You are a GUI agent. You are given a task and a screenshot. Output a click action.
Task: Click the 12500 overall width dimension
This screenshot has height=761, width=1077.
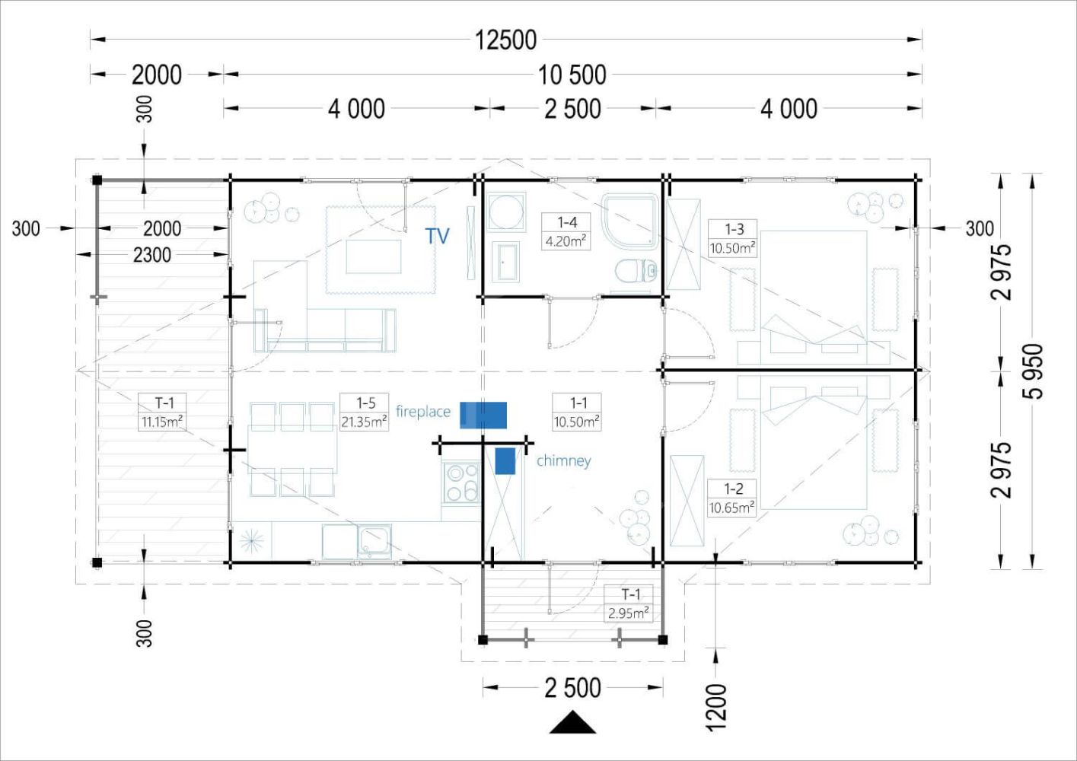505,40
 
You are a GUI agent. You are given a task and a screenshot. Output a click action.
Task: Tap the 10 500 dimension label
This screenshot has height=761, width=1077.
572,75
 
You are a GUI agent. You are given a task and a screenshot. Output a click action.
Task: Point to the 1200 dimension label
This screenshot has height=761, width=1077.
716,708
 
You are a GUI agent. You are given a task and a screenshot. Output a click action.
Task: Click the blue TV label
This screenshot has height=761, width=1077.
437,236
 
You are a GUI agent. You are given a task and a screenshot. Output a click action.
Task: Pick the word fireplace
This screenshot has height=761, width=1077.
423,412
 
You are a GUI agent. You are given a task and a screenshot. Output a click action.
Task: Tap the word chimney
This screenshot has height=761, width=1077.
563,460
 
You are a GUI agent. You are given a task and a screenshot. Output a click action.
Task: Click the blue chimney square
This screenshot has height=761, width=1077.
505,461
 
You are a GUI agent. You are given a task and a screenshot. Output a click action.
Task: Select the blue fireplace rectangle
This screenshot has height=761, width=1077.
483,415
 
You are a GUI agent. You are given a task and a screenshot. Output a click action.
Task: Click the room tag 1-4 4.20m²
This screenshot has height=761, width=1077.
566,231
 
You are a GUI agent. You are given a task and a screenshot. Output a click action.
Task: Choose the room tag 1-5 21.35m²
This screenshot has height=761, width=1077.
364,412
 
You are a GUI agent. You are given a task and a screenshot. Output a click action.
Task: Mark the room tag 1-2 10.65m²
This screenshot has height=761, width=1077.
731,498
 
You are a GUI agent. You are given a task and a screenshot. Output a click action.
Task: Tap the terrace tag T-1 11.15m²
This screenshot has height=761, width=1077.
162,412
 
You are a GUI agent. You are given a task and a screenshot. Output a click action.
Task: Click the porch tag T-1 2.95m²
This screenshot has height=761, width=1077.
629,603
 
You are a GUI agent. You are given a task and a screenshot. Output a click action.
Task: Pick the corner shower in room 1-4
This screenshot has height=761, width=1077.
630,221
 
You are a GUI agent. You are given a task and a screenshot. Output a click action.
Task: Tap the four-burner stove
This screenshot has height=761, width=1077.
461,482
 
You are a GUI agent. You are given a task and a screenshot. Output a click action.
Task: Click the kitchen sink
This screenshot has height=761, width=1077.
374,541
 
